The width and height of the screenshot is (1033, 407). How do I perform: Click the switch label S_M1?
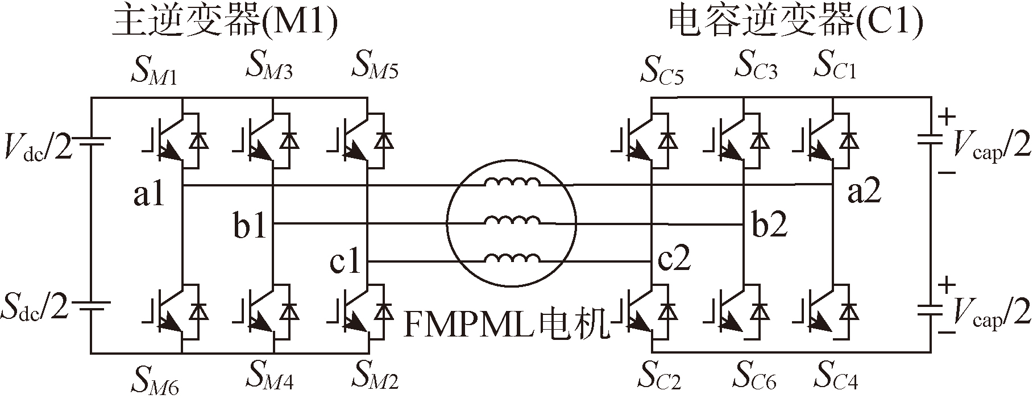tap(154, 70)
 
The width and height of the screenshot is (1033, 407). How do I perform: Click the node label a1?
tap(148, 195)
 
